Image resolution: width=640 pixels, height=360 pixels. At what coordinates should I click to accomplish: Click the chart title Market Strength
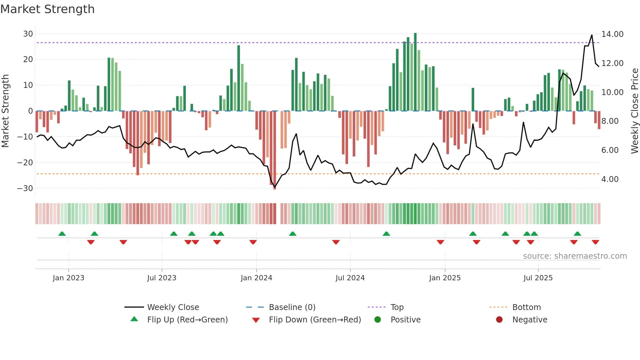pos(47,9)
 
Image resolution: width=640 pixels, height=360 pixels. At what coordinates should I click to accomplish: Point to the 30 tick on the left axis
pos(28,34)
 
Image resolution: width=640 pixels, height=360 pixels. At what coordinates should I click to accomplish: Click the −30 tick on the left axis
pos(25,188)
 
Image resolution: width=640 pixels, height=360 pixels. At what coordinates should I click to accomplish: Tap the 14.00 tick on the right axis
pos(612,34)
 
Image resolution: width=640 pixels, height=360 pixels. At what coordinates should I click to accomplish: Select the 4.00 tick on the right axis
pos(610,179)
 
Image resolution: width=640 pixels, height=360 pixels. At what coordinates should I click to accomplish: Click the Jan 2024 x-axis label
pos(256,278)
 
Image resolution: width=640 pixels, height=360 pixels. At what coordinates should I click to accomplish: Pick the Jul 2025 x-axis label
pos(538,278)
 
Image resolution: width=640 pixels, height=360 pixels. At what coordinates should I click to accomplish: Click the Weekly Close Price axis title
pos(634,111)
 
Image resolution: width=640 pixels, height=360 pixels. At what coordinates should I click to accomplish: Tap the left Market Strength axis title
pos(5,111)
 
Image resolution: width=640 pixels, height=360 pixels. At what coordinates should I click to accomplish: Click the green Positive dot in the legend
pos(378,320)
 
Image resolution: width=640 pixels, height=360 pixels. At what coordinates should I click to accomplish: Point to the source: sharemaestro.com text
pos(575,256)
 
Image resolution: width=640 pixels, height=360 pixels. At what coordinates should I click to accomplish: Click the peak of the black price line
pos(592,35)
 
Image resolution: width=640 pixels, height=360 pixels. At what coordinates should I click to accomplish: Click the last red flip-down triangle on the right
pos(595,242)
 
